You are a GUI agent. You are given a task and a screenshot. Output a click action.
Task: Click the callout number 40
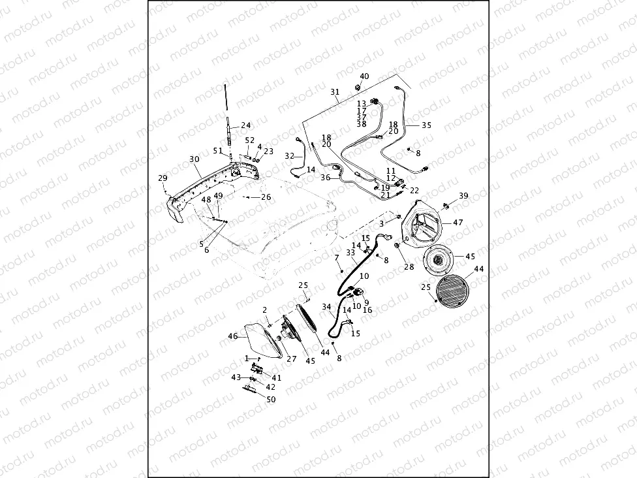point(364,76)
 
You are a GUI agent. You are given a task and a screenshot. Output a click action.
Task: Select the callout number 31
point(335,91)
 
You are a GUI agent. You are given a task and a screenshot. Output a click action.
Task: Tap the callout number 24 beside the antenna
point(245,125)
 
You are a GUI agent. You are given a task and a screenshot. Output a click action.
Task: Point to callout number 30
point(194,159)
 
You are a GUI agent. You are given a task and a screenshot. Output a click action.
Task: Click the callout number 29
point(163,178)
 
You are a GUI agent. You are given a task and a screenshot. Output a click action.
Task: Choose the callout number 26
point(266,197)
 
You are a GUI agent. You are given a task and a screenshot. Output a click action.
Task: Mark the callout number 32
point(290,156)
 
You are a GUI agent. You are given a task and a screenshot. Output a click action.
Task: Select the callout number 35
point(426,125)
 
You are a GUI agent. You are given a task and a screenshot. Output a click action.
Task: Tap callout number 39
point(463,196)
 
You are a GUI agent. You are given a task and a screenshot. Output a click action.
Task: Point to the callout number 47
point(458,223)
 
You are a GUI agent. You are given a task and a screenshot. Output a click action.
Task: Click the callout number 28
point(409,266)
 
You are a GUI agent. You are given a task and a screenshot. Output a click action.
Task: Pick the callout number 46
point(233,336)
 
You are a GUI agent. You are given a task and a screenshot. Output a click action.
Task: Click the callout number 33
point(350,252)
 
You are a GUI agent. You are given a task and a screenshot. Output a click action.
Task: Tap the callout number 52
point(250,140)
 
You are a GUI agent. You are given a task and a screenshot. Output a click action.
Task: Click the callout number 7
point(337,258)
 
